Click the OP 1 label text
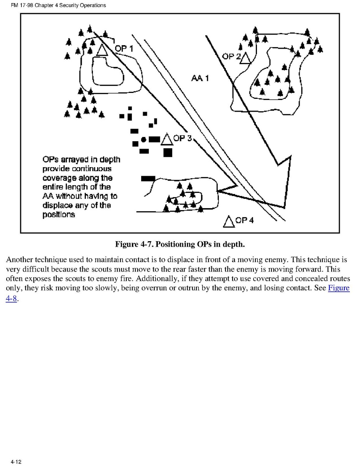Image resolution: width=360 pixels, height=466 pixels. pyautogui.click(x=124, y=49)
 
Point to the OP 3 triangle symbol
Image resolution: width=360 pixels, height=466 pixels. pyautogui.click(x=167, y=139)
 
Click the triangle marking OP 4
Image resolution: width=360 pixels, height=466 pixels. pyautogui.click(x=229, y=221)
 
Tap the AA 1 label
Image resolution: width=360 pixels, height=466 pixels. pyautogui.click(x=200, y=78)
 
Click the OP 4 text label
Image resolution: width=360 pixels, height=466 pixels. pyautogui.click(x=245, y=220)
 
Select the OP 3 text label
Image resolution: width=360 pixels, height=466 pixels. pyautogui.click(x=183, y=138)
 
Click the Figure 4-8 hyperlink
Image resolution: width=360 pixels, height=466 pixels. pyautogui.click(x=339, y=288)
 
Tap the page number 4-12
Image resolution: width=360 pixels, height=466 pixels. pyautogui.click(x=16, y=462)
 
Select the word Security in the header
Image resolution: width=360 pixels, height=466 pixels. pyautogui.click(x=69, y=5)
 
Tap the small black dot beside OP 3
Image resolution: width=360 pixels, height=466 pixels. pyautogui.click(x=143, y=139)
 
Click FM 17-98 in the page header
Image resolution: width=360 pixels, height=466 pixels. pyautogui.click(x=19, y=5)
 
